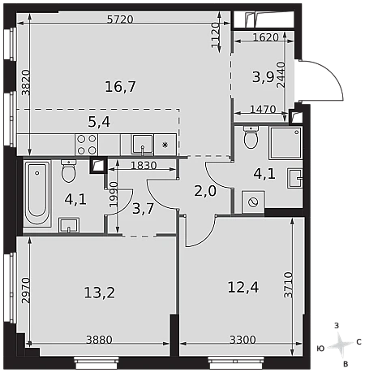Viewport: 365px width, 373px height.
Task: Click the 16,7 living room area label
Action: click(x=120, y=87)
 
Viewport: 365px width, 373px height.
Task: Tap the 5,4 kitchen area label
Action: click(x=99, y=122)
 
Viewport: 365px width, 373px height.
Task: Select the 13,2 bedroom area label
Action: click(x=100, y=293)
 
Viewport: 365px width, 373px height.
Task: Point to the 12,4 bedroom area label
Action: click(x=243, y=287)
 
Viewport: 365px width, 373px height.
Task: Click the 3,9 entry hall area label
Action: click(x=263, y=77)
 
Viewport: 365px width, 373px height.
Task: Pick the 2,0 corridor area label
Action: click(x=205, y=191)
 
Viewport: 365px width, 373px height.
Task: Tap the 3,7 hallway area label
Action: click(x=144, y=209)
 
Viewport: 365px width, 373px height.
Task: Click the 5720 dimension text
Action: click(x=120, y=20)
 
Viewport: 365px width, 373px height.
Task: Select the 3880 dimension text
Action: click(x=99, y=340)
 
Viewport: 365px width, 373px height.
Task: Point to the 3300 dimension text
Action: click(x=243, y=340)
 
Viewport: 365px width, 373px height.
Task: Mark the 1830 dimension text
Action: click(x=144, y=165)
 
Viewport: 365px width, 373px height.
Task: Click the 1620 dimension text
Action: click(x=265, y=37)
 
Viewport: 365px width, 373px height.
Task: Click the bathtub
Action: click(x=37, y=193)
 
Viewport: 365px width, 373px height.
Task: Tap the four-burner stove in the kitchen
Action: click(x=87, y=145)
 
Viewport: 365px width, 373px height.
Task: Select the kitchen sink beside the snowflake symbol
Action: click(x=143, y=145)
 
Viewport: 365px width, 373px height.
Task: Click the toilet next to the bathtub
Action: click(x=69, y=171)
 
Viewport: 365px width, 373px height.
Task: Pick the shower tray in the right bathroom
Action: click(x=286, y=143)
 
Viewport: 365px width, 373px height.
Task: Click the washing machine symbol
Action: click(x=253, y=202)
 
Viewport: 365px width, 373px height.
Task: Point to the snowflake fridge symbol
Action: click(x=165, y=145)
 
